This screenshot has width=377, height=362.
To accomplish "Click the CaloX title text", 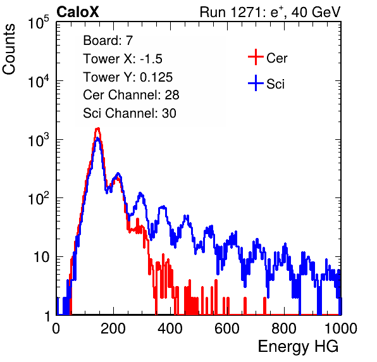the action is (x=78, y=12).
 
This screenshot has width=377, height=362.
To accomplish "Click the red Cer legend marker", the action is (x=256, y=57).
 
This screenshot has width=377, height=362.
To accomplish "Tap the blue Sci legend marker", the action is (x=256, y=83).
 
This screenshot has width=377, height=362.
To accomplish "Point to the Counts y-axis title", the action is (x=9, y=49).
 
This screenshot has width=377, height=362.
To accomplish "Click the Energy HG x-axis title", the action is (x=299, y=347).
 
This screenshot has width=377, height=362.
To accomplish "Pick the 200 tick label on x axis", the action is (x=113, y=328).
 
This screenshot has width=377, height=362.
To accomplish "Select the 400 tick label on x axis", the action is (x=170, y=328).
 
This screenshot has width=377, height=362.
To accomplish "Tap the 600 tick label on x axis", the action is (x=227, y=328).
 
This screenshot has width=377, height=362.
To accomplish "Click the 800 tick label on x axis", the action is (x=284, y=328).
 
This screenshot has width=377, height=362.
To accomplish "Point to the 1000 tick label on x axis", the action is (x=341, y=328).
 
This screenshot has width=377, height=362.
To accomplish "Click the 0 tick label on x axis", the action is (x=56, y=328).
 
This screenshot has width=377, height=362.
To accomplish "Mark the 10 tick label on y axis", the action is (x=41, y=257).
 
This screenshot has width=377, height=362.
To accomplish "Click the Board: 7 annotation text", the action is (x=108, y=41).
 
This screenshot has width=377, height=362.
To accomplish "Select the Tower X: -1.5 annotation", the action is (x=123, y=59).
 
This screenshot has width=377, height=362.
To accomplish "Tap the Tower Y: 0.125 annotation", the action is (x=128, y=77).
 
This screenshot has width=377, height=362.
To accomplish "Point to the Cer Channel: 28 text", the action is (x=131, y=95).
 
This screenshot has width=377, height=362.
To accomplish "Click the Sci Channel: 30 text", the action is (x=130, y=113).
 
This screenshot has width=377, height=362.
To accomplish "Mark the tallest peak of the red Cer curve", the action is (x=97, y=128).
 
